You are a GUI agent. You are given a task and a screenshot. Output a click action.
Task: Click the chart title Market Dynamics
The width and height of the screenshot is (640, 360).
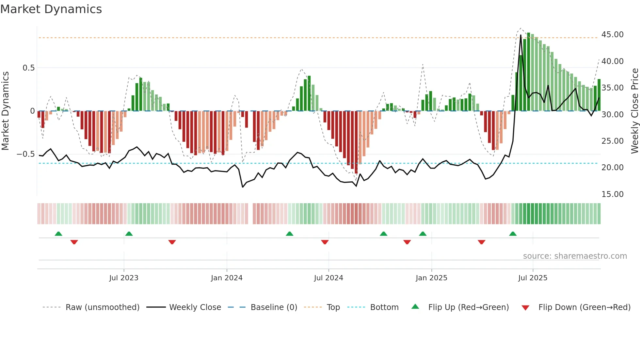[51, 9]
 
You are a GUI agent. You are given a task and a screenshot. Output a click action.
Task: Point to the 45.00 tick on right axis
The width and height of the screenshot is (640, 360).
[612, 35]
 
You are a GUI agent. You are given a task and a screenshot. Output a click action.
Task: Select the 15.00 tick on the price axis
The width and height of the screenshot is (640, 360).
[612, 194]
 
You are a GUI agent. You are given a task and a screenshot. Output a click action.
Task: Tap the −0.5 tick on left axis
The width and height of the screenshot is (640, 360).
[25, 154]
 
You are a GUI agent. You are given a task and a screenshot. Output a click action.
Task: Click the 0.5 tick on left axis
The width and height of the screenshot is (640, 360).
[28, 68]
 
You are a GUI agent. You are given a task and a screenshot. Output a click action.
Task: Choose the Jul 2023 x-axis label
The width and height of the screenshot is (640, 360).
[124, 278]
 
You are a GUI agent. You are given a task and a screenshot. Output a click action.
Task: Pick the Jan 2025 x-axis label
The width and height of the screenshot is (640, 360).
[431, 278]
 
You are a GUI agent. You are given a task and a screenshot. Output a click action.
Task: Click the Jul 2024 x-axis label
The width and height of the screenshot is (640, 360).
[328, 278]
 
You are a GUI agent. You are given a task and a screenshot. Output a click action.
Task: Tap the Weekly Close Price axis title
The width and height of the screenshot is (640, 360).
[634, 111]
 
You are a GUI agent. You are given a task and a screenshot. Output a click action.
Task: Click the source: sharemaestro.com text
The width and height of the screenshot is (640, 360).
[575, 256]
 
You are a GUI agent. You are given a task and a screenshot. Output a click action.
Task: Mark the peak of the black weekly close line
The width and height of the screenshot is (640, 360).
[521, 35]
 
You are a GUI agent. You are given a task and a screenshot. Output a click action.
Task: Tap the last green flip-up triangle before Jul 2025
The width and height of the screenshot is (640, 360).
[513, 234]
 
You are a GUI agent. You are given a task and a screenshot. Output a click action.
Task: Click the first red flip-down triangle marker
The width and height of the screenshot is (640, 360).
[74, 242]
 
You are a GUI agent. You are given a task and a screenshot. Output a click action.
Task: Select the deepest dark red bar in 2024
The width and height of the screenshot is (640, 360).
[356, 142]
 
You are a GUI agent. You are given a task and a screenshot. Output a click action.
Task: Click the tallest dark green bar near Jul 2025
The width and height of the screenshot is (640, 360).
[529, 72]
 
